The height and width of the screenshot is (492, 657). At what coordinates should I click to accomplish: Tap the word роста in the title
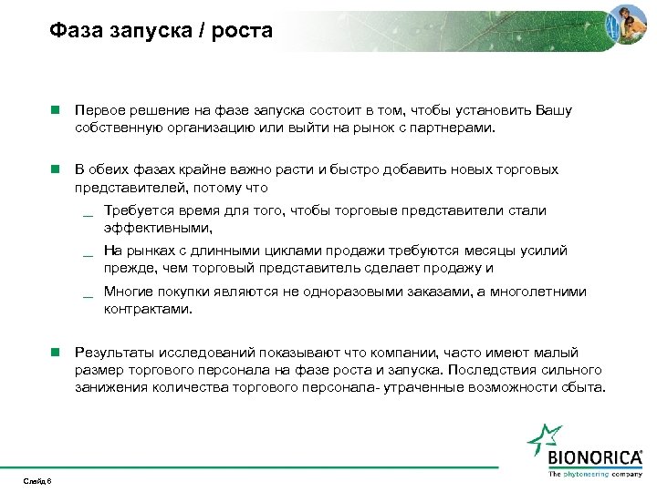point(245,31)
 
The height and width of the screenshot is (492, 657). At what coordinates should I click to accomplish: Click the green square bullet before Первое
point(55,110)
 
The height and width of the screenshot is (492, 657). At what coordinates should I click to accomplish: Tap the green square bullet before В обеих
point(55,169)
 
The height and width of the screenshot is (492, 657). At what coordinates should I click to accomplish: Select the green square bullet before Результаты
point(55,352)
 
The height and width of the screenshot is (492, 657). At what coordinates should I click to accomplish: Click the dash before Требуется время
point(88,215)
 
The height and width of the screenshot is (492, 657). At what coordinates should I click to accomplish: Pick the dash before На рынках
point(88,253)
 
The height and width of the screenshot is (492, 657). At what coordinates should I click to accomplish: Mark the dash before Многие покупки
point(88,295)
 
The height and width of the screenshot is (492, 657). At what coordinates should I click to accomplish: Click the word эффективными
point(157,228)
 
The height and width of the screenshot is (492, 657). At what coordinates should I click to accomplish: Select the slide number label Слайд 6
point(38,480)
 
